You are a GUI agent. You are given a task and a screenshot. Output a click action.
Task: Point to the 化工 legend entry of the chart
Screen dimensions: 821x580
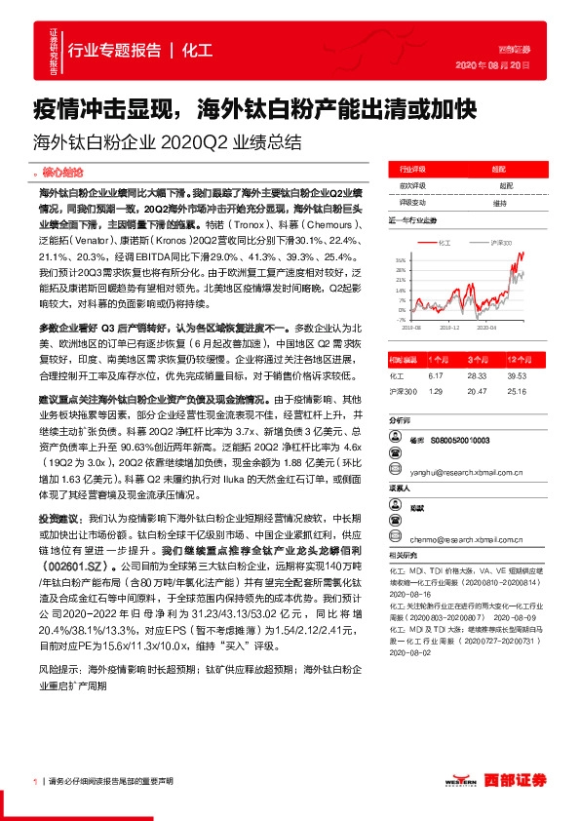[444, 241]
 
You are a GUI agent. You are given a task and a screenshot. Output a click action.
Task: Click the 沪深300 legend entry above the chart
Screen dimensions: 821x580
[501, 241]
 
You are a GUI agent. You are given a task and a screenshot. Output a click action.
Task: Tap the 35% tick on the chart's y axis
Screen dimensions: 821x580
[401, 260]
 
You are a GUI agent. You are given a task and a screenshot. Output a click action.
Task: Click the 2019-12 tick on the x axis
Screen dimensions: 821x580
[450, 330]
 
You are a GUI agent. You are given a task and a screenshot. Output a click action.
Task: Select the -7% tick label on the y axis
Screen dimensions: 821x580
[401, 319]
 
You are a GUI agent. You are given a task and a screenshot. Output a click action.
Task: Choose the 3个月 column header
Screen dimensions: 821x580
[477, 359]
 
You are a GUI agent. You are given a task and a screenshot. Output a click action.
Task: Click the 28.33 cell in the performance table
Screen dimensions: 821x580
[476, 374]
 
